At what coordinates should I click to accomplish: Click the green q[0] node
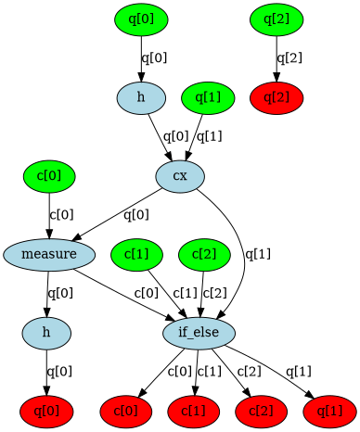click(141, 19)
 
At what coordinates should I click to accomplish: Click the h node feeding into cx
click(141, 96)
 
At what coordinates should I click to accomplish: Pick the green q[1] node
click(208, 96)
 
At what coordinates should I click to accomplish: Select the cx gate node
click(180, 175)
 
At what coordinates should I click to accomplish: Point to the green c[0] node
click(48, 175)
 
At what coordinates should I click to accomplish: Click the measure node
click(48, 253)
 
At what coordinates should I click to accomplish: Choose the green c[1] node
click(135, 253)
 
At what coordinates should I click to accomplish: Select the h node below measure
click(48, 331)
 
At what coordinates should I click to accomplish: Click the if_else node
click(199, 331)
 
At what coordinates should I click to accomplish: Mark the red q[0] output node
click(48, 409)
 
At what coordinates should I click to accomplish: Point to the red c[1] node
click(194, 409)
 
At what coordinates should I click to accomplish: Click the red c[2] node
click(261, 409)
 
